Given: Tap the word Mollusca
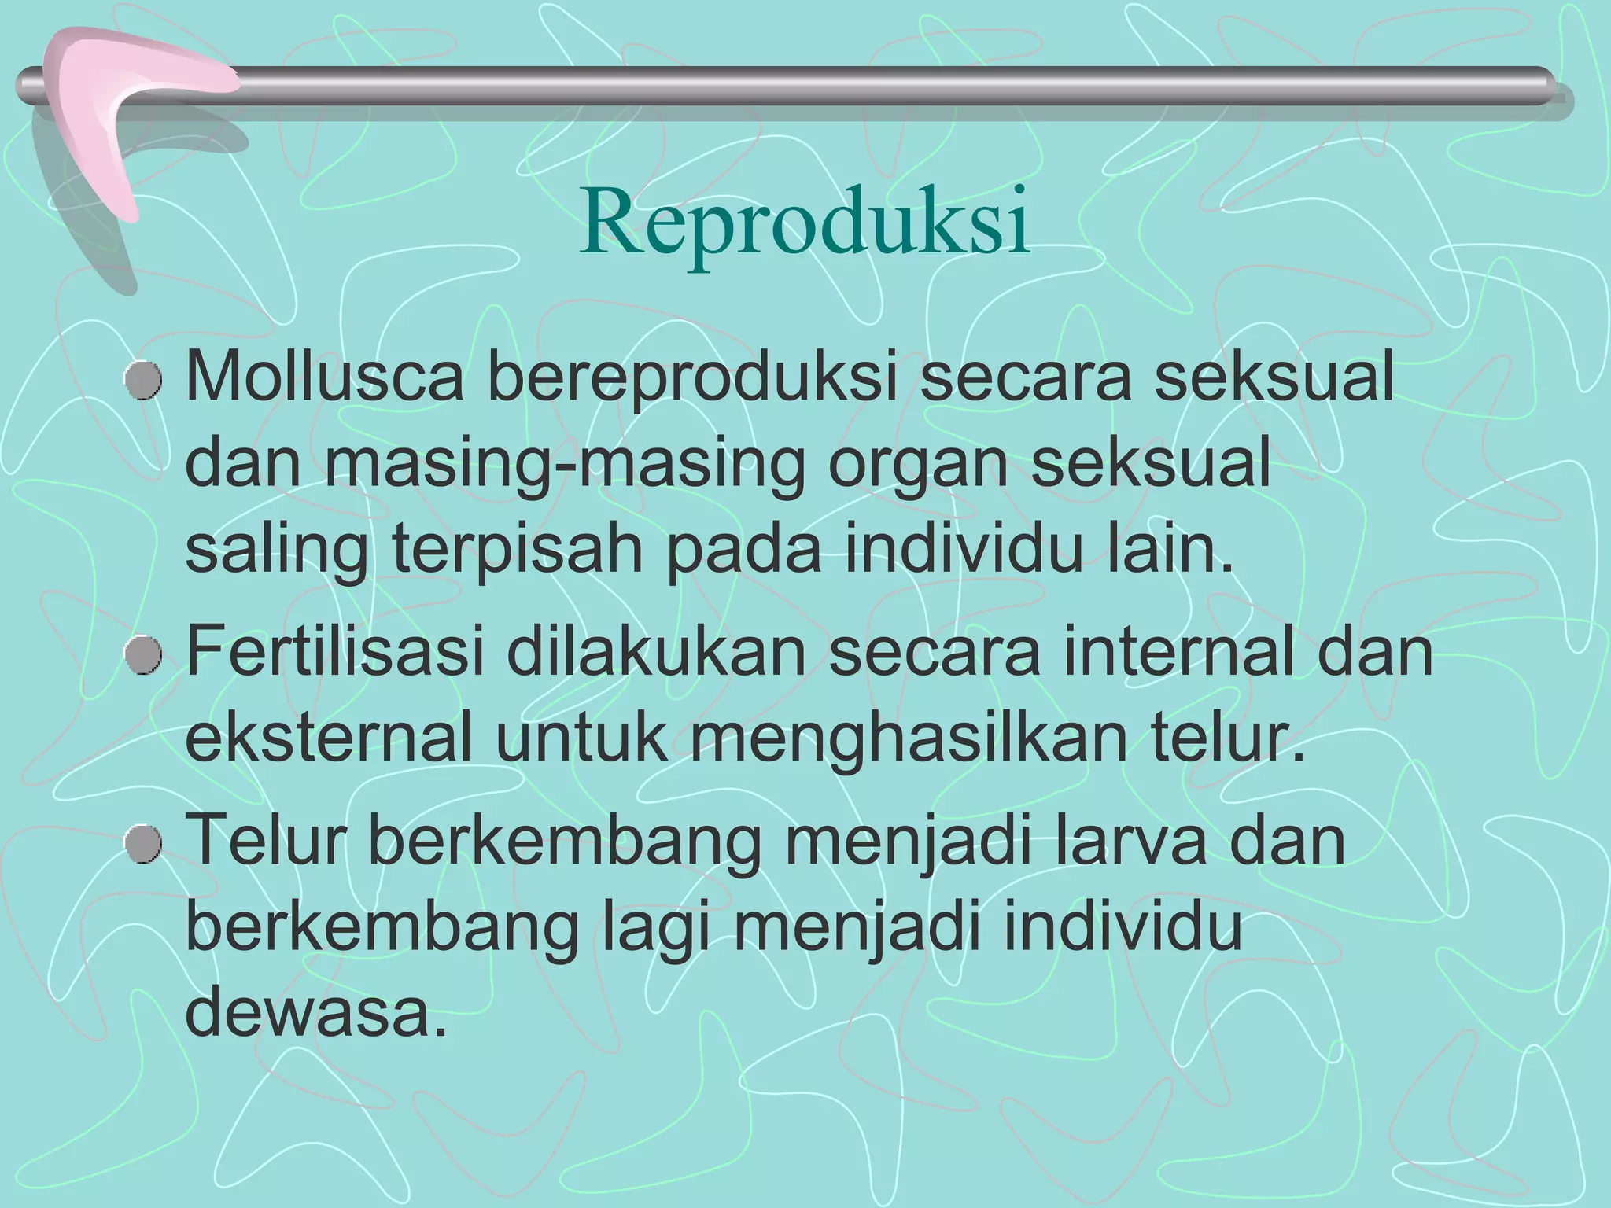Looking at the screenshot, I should pyautogui.click(x=324, y=378).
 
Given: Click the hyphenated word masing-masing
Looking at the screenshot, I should pyautogui.click(x=566, y=465).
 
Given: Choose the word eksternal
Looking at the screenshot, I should pyautogui.click(x=328, y=738).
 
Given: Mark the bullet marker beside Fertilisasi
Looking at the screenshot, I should pyautogui.click(x=144, y=657).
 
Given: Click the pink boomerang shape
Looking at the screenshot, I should pyautogui.click(x=110, y=118).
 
